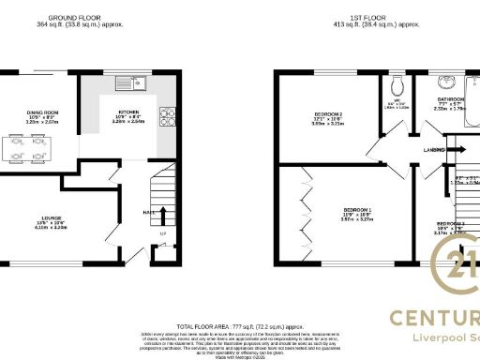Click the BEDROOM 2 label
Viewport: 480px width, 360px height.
[328, 114]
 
